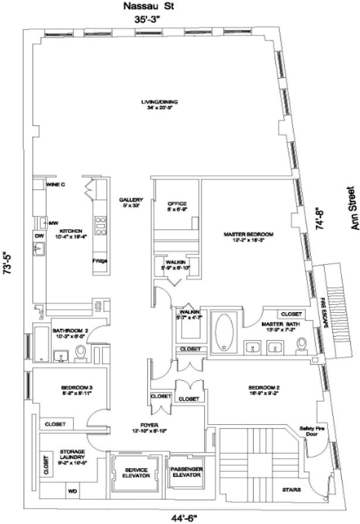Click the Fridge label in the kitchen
click(100, 261)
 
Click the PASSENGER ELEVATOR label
click(186, 472)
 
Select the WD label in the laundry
click(73, 491)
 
